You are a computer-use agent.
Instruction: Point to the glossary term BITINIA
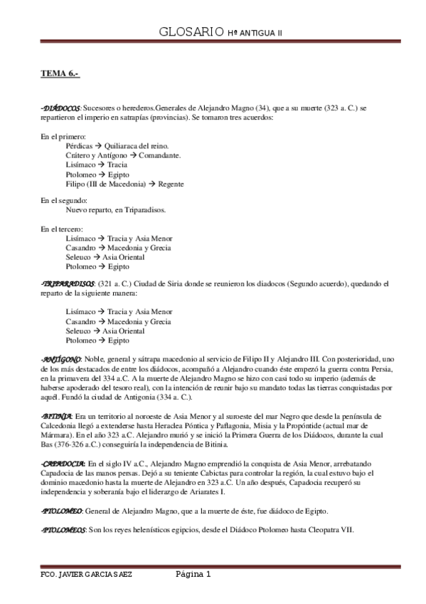pos(57,415)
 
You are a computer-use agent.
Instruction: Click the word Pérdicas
pos(78,145)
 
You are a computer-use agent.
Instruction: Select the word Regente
pos(171,183)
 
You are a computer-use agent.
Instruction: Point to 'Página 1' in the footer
pos(193,574)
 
